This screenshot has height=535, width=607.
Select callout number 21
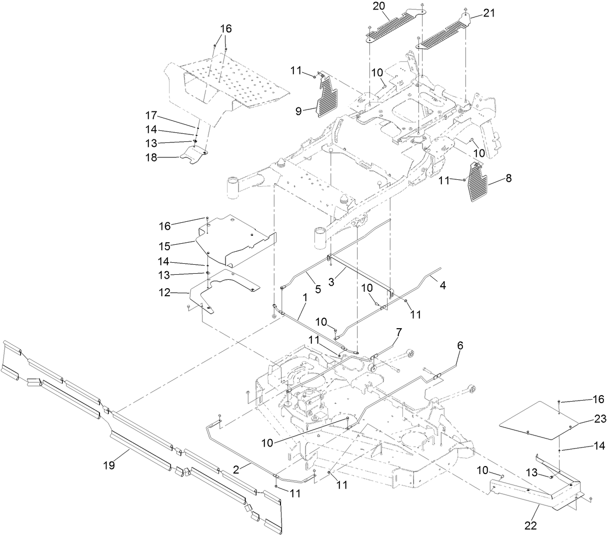pyautogui.click(x=488, y=13)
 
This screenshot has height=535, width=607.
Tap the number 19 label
pyautogui.click(x=109, y=465)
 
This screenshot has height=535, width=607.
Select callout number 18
pyautogui.click(x=150, y=157)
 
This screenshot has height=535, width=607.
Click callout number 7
pyautogui.click(x=398, y=332)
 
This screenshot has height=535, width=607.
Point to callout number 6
pyautogui.click(x=460, y=345)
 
